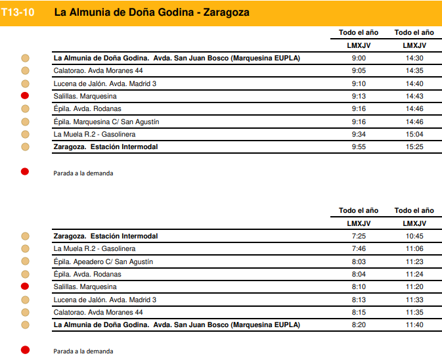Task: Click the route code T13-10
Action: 18,12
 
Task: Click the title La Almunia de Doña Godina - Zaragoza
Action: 151,12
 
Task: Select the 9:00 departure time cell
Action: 359,58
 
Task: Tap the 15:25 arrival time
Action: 414,147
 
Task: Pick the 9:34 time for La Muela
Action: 359,135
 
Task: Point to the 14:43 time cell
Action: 414,97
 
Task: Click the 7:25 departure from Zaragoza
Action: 359,236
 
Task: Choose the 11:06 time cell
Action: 414,249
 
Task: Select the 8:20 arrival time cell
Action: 359,325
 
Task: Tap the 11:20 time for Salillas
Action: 414,287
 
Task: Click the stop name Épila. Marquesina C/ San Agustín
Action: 106,122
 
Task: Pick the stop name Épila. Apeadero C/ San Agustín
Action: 103,261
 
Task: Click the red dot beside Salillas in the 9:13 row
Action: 25,96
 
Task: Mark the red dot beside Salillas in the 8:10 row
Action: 25,286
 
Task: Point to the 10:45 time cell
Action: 414,236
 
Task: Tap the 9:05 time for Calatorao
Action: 359,71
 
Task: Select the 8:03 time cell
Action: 359,261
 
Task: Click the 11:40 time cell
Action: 414,325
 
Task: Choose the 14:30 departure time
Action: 414,58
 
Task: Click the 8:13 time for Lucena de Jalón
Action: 359,300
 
